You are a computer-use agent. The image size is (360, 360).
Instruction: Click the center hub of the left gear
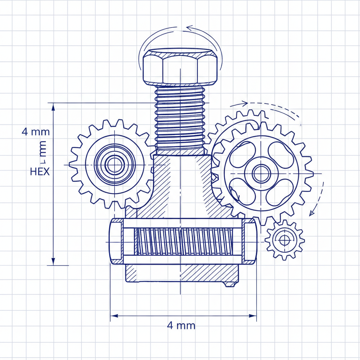coord(114,164)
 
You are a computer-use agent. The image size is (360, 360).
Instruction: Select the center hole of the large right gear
coord(262,173)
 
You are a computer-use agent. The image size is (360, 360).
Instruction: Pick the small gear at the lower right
coord(285,240)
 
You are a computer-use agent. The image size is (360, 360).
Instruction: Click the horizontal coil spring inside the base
coord(180,241)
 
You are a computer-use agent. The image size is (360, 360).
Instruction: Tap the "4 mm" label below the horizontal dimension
coord(181,325)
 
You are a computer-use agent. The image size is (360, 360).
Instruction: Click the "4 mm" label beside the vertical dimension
coord(36,132)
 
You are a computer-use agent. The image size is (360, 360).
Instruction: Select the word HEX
coord(39,172)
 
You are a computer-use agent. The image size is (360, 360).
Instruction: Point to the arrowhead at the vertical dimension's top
coord(53,107)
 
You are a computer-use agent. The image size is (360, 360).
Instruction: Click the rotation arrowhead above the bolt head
coord(189,28)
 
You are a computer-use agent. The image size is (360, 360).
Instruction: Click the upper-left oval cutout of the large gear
coord(242,154)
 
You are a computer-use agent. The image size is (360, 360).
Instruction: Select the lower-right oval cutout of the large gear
coord(279,192)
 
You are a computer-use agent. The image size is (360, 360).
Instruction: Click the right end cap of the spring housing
coord(249,241)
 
